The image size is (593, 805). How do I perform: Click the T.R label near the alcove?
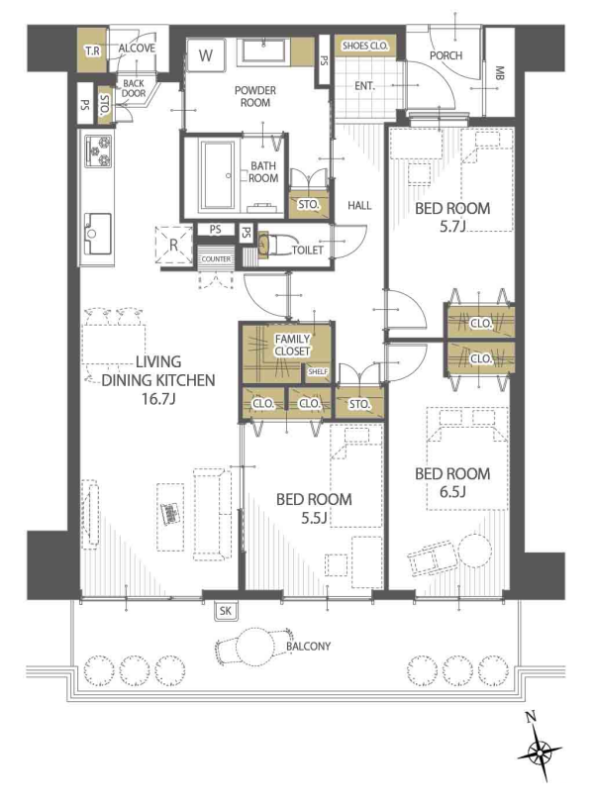coord(92,50)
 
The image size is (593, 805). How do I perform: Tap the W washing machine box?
coord(205,55)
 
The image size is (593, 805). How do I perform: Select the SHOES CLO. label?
coord(365,46)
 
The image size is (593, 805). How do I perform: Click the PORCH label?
coord(445,54)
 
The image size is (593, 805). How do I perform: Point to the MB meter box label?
coord(499,73)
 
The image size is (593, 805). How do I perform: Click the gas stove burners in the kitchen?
coord(98,151)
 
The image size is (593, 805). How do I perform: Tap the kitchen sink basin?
coord(98,234)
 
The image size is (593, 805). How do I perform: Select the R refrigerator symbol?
coord(173,245)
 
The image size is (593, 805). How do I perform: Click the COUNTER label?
coord(216,258)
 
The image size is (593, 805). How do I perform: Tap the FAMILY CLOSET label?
coord(292,345)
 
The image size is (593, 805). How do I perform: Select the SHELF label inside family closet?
coord(318,371)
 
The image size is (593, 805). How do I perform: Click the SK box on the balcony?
coord(226,611)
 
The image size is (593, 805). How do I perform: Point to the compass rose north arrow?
coord(540,754)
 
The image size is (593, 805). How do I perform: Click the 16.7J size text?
coord(158,399)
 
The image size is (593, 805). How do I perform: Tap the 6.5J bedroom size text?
coord(452,492)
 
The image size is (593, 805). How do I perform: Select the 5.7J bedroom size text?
coord(452,227)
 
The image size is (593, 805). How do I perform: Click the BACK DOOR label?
coord(134,88)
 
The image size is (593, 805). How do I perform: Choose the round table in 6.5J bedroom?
coord(474,552)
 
